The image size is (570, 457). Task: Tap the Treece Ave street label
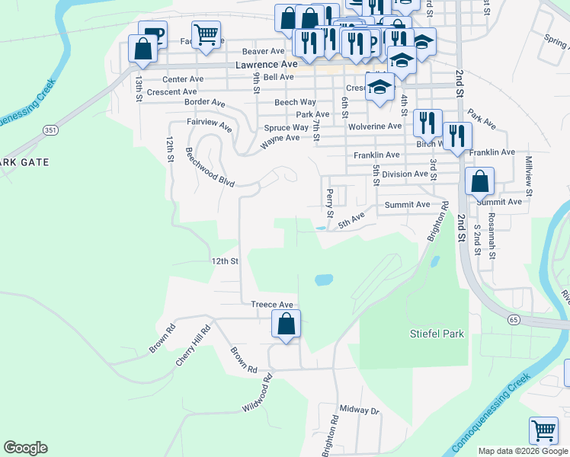272,304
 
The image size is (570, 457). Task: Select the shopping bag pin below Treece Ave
286,324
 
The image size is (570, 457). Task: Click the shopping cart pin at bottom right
543,431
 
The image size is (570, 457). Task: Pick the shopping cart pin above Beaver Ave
206,34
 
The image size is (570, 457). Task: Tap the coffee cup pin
152,34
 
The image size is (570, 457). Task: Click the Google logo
25,448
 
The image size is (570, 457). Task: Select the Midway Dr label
359,411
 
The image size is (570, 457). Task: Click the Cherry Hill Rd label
193,347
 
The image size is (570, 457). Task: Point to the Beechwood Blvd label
209,166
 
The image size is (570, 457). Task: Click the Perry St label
329,203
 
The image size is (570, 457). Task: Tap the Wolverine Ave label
376,126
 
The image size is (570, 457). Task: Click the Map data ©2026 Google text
522,451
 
